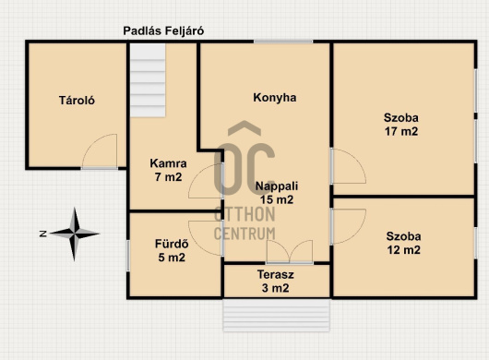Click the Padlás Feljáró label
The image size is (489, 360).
point(163,31)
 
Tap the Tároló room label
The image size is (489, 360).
point(77,101)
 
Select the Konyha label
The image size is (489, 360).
point(275,98)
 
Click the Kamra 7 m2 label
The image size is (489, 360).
point(169,170)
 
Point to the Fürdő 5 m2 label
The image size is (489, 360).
point(172,250)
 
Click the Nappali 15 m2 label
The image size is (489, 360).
point(277,193)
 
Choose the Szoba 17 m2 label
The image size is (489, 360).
point(401,125)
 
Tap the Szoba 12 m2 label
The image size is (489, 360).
point(403,243)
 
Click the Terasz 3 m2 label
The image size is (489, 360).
point(275,281)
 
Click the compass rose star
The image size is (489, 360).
point(75,234)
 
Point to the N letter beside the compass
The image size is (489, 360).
point(43,234)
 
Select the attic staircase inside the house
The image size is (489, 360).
point(148,80)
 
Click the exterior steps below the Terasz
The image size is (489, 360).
point(276,315)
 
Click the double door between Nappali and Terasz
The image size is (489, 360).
point(290,252)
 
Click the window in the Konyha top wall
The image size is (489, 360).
point(283,42)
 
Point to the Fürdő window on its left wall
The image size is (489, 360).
point(128,256)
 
